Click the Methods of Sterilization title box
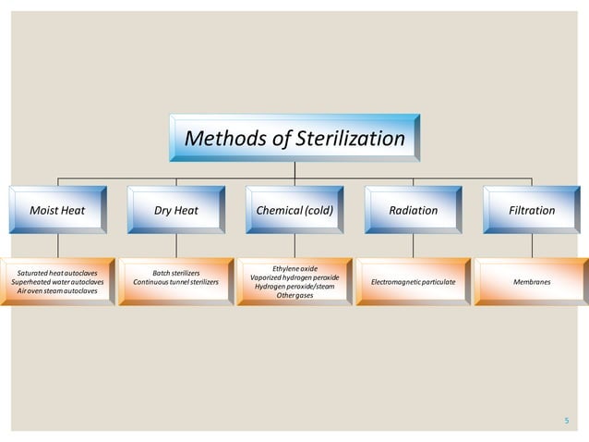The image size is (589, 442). click(x=294, y=139)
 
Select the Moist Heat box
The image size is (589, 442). click(x=57, y=210)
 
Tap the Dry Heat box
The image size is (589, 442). click(x=176, y=210)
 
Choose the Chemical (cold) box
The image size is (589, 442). click(x=294, y=210)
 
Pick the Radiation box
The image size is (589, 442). click(x=413, y=210)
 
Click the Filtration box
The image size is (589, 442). click(x=532, y=210)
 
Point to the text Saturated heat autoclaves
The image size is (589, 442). click(x=57, y=274)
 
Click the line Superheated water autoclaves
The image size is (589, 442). click(x=57, y=282)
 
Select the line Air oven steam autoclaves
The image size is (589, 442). click(x=57, y=290)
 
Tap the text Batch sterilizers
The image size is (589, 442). click(x=176, y=274)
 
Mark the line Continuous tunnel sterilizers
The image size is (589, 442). click(x=176, y=282)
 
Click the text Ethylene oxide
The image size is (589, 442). click(x=294, y=268)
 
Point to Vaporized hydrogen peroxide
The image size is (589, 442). click(x=294, y=277)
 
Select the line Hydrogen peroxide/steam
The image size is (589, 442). click(x=294, y=287)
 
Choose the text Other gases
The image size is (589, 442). click(x=294, y=295)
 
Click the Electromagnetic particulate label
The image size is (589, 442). click(x=413, y=281)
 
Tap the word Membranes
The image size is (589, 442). click(x=532, y=281)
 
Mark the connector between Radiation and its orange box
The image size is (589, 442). click(x=413, y=245)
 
